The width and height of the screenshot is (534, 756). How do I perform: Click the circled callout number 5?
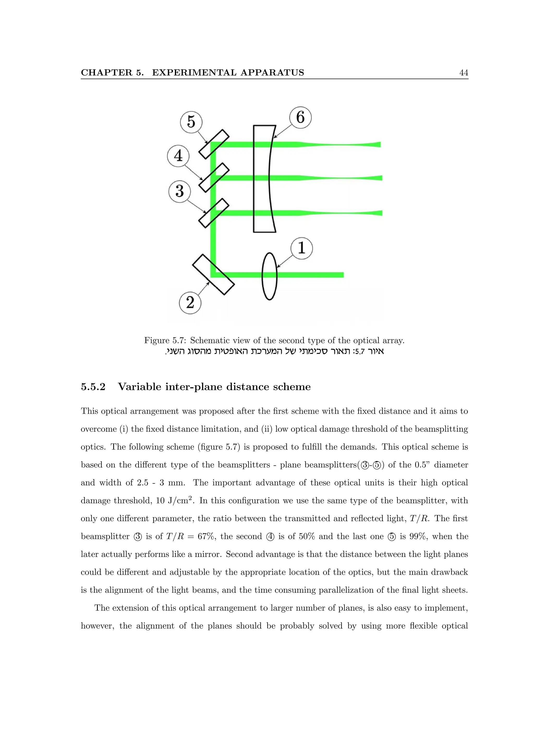tap(191, 122)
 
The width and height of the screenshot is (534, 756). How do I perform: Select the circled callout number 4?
tap(178, 156)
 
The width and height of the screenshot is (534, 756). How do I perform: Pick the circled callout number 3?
tap(179, 191)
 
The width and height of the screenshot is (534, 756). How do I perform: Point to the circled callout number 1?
tap(302, 248)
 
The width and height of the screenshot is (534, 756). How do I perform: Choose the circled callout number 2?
tap(190, 303)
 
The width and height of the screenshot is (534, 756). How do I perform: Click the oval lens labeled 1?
tap(269, 276)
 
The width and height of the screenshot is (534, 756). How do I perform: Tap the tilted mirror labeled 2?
tap(213, 274)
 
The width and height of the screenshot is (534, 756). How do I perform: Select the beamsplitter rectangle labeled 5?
tap(214, 144)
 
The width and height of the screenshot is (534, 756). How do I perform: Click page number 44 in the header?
tap(464, 73)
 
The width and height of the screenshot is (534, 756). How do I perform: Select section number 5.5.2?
tap(93, 387)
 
